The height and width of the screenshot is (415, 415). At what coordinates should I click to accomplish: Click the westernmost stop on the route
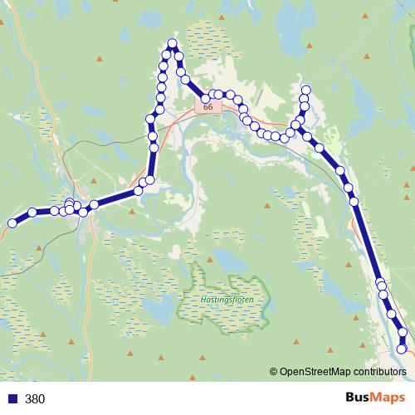click(12, 222)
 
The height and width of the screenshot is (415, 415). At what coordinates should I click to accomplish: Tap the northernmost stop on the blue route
click(173, 43)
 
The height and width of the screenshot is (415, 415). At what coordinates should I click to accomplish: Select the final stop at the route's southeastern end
click(403, 349)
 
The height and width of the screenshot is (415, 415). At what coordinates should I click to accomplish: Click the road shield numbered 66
click(207, 107)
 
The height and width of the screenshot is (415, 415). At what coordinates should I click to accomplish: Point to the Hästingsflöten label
click(226, 299)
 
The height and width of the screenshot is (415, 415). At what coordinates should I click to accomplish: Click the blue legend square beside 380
click(12, 398)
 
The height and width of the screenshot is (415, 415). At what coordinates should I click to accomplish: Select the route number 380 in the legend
click(35, 398)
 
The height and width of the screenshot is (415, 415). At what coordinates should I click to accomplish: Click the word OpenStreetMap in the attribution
click(314, 371)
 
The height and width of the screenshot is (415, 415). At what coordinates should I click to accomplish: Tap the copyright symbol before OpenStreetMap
click(274, 371)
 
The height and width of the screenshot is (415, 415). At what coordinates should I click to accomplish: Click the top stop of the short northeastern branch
click(305, 90)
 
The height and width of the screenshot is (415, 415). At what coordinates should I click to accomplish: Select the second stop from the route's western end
click(32, 212)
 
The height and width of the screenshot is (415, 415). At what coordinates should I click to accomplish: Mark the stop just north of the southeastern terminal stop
click(403, 333)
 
